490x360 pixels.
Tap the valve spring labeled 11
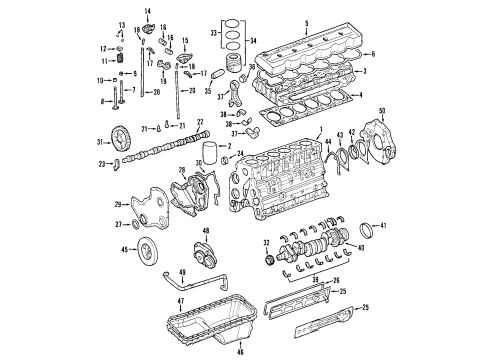122,62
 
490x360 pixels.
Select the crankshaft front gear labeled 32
267,260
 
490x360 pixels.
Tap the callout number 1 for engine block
319,133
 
